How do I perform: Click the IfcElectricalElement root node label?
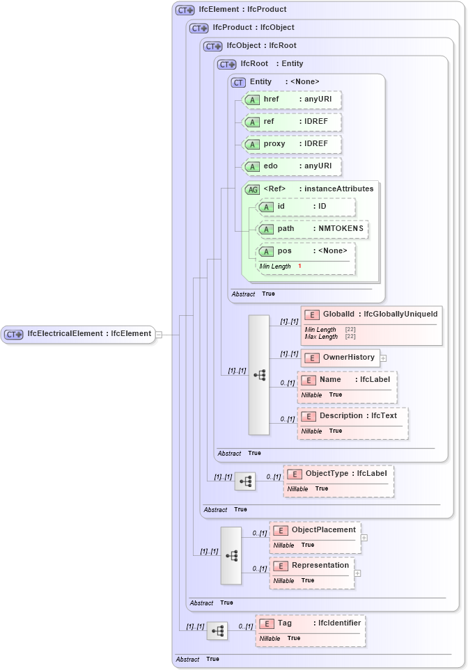tap(88, 334)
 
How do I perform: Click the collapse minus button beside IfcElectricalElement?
tap(159, 334)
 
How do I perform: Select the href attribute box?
tap(291, 100)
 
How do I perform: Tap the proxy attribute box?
tap(291, 144)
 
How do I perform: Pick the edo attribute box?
tap(291, 166)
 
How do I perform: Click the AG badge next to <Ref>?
tap(252, 189)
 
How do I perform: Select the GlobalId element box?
tap(370, 315)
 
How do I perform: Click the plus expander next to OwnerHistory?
tap(383, 358)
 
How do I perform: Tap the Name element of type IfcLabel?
tap(347, 380)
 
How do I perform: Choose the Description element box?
tap(352, 416)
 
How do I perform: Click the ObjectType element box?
tap(339, 474)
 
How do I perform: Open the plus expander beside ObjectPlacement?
tap(364, 538)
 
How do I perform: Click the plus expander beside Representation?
tap(357, 573)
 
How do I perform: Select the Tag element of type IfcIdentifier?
tap(309, 623)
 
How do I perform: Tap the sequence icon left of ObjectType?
tap(245, 481)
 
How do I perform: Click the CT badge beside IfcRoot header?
tap(227, 64)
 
